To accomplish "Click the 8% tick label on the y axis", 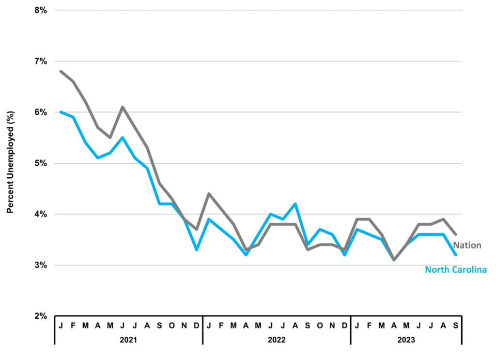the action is pos(41,11).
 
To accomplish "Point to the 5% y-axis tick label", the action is pos(41,163).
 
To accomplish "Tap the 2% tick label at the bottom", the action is pos(41,316).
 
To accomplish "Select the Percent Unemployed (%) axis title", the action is pos(11,162).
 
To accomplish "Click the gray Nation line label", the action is pos(467,245).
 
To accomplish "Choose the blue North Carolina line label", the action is pos(456,269).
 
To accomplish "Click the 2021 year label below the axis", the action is pos(128,340).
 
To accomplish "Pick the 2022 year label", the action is pos(277,340).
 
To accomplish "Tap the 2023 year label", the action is pos(406,340).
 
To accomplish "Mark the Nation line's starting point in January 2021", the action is pos(61,71).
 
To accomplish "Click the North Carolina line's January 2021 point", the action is pos(61,112).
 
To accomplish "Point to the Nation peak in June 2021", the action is pos(123,107).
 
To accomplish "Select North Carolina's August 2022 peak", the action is pos(295,203).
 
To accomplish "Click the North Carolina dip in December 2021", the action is pos(197,250).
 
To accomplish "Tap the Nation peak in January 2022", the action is pos(209,194).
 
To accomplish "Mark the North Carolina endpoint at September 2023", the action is pos(455,255).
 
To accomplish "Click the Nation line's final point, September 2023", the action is pos(455,235).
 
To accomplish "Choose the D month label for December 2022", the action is pos(344,326).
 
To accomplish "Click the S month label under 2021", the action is pos(159,326).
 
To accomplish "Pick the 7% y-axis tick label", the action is pos(41,62).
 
